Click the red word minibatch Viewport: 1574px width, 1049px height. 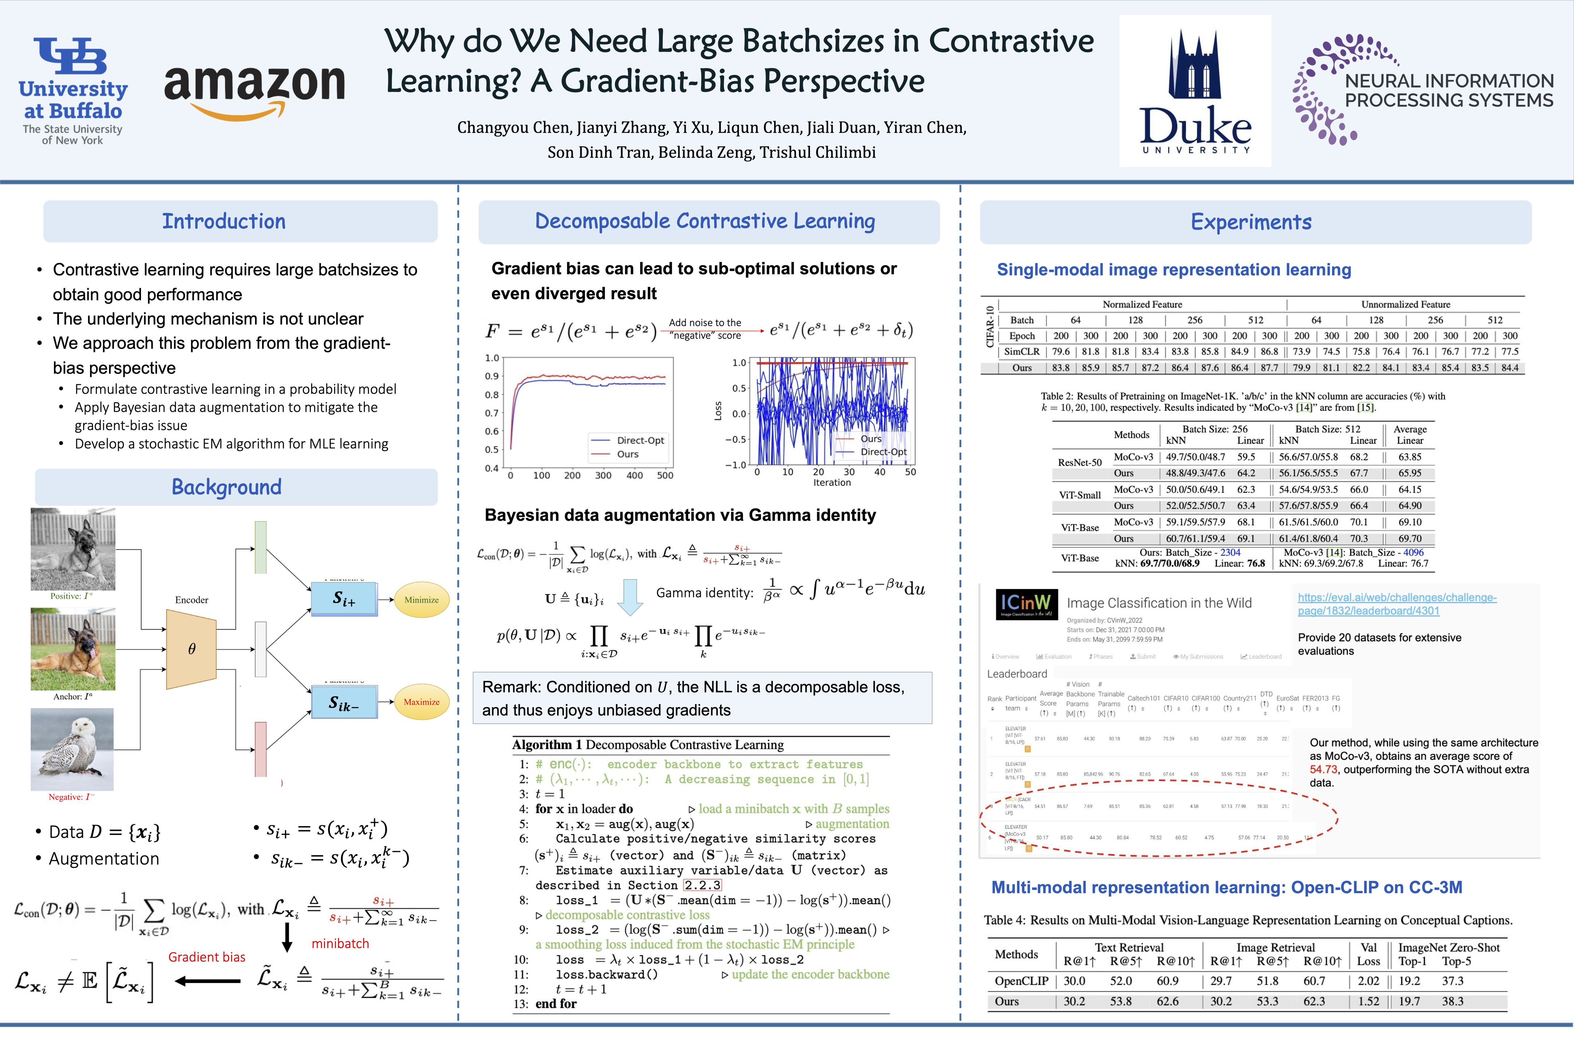coord(340,943)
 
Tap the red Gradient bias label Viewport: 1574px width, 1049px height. coord(207,957)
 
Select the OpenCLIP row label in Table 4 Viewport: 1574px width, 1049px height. coord(1021,981)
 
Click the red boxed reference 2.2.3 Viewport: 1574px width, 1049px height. coord(702,885)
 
